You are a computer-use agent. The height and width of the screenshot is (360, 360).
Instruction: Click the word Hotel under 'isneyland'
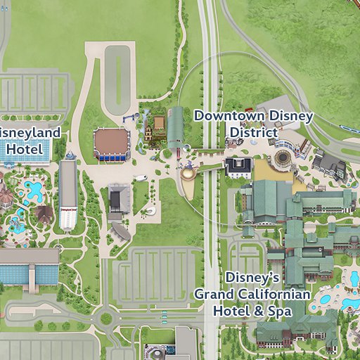24,149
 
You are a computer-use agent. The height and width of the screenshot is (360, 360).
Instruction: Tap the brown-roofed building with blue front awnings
111,143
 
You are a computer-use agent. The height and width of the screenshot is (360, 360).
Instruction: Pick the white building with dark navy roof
238,167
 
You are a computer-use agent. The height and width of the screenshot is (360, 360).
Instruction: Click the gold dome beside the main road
188,173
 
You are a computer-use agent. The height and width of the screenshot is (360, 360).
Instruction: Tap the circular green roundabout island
106,319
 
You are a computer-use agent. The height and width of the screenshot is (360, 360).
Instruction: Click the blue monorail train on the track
349,130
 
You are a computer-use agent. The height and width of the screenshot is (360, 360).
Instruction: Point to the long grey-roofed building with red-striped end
68,195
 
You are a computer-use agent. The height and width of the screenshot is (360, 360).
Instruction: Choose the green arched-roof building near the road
176,128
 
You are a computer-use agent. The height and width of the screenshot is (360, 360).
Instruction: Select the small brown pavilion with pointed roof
44,212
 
